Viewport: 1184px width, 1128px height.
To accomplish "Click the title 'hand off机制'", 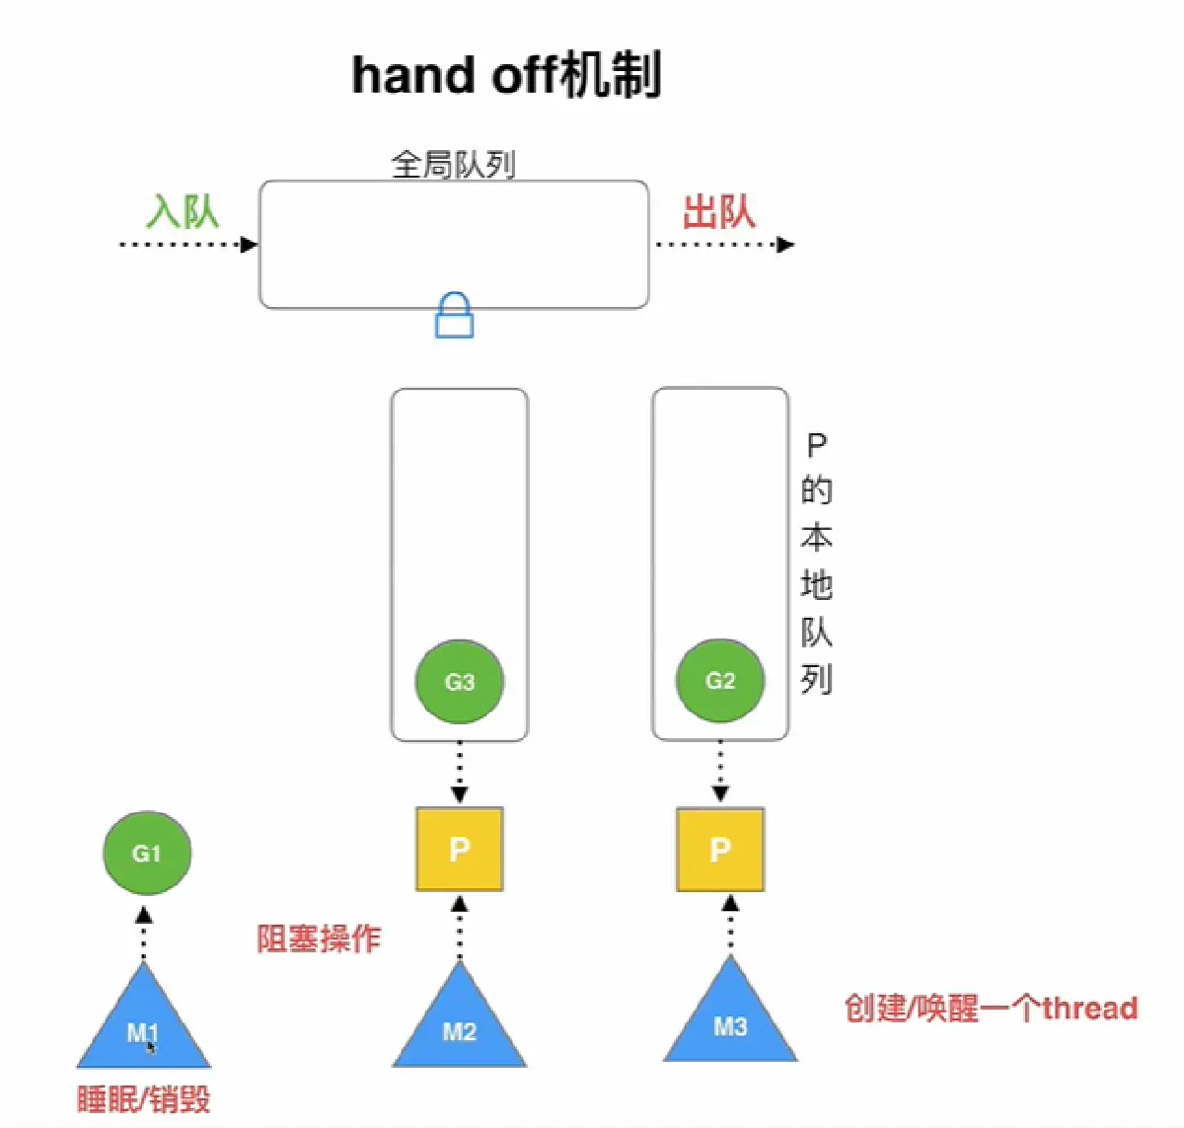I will (506, 75).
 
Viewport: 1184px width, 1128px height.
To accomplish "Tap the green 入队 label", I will (183, 211).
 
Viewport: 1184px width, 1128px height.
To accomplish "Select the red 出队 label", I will (719, 211).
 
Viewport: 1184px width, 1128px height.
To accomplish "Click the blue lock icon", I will (454, 316).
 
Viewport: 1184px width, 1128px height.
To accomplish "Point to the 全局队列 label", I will (453, 164).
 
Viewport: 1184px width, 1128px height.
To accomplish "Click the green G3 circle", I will (460, 681).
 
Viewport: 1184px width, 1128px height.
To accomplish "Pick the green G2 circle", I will (720, 680).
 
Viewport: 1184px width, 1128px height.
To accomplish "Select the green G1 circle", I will (146, 853).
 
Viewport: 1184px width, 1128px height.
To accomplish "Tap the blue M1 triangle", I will (144, 1026).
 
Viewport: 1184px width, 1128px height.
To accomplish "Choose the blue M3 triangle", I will (730, 1021).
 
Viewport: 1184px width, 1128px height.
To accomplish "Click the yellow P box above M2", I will (460, 849).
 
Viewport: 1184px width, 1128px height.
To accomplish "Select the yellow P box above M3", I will (720, 849).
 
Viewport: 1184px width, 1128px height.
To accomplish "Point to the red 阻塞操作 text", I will (319, 938).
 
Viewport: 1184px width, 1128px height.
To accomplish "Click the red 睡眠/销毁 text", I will (144, 1098).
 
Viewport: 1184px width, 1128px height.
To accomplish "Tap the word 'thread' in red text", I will (1090, 1008).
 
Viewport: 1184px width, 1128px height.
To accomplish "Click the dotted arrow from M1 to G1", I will (144, 933).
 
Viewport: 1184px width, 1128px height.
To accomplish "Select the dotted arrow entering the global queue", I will (187, 244).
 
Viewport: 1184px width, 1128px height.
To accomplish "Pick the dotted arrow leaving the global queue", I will (724, 244).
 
